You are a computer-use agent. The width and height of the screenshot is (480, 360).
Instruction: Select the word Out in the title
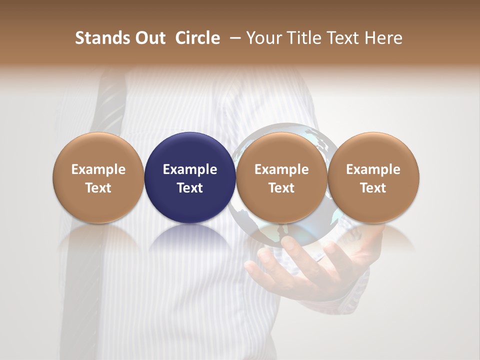pyautogui.click(x=148, y=38)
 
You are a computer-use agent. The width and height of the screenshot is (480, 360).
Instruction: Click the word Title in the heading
pyautogui.click(x=300, y=38)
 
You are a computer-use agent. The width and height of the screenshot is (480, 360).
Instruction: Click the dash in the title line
pyautogui.click(x=233, y=38)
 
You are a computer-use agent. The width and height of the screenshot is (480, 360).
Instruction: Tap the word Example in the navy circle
pyautogui.click(x=190, y=169)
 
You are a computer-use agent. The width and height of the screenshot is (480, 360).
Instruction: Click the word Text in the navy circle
pyautogui.click(x=190, y=188)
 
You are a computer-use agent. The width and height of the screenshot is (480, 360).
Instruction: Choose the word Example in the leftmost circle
pyautogui.click(x=98, y=169)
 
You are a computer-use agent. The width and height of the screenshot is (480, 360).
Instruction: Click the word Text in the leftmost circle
pyautogui.click(x=98, y=188)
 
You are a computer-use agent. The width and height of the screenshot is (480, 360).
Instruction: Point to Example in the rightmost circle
pyautogui.click(x=373, y=169)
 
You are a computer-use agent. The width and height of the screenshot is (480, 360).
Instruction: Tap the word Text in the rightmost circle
pyautogui.click(x=373, y=188)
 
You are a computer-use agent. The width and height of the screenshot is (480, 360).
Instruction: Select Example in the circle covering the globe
pyautogui.click(x=281, y=169)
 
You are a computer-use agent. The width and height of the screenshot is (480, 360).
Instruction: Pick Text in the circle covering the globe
pyautogui.click(x=281, y=188)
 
